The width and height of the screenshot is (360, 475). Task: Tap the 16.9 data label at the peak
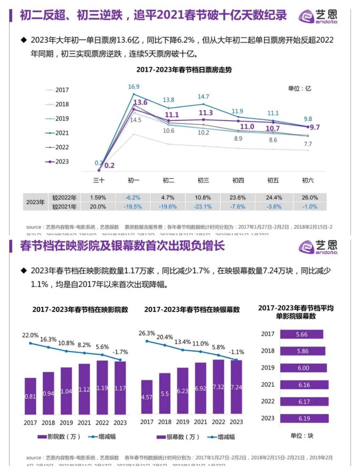(134, 87)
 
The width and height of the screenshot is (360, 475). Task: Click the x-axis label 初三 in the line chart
(203, 180)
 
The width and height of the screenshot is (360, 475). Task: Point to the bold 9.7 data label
(314, 127)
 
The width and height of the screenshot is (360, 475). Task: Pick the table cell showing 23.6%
(237, 197)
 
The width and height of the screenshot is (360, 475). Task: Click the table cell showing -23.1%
(203, 206)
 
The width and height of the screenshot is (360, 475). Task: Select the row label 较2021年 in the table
(64, 206)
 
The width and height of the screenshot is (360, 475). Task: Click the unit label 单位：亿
(299, 88)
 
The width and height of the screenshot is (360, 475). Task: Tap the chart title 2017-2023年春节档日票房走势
(184, 70)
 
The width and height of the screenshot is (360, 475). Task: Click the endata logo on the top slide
(318, 16)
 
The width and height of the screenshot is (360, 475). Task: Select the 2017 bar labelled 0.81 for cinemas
(30, 396)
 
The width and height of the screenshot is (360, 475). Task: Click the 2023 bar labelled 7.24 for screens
(236, 387)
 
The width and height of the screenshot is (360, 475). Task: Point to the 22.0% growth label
(30, 335)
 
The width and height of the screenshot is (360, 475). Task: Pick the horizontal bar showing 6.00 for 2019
(303, 368)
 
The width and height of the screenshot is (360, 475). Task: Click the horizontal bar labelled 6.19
(304, 418)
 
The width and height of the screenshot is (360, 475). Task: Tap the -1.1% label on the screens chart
(236, 352)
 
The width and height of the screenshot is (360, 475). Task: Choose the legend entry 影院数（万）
(59, 437)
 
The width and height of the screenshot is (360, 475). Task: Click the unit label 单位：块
(302, 436)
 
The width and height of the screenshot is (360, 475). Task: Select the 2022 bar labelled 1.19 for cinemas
(102, 387)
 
